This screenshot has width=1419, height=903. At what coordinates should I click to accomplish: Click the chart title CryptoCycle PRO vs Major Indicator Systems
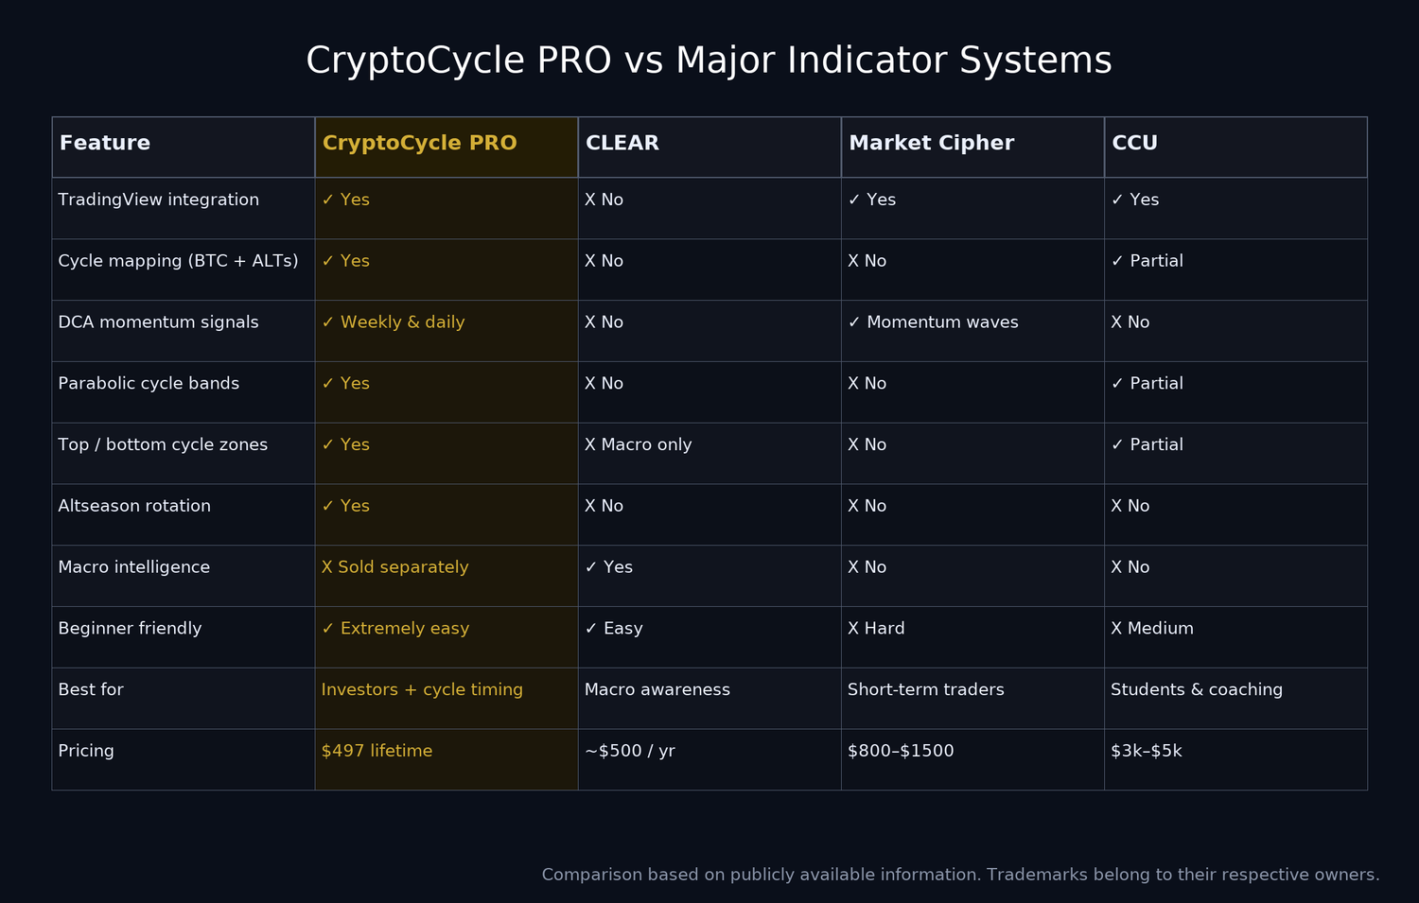click(x=709, y=61)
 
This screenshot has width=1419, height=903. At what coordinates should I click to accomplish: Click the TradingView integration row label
click(x=158, y=200)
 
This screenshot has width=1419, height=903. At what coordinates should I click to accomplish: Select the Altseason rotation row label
click(x=134, y=507)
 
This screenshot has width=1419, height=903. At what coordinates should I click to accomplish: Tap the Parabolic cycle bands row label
click(x=149, y=384)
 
